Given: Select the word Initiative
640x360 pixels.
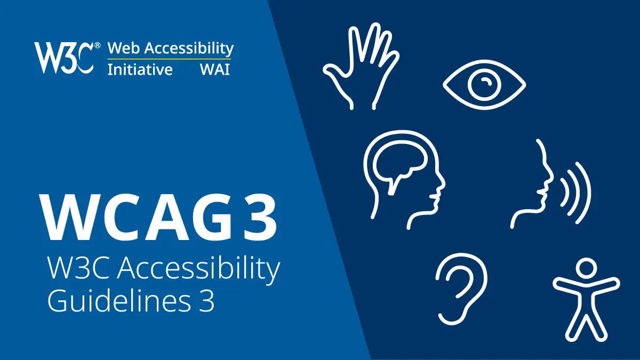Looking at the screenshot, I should coord(140,70).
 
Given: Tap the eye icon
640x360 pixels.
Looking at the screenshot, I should coord(484,84).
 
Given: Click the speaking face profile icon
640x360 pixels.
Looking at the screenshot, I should coord(533,184).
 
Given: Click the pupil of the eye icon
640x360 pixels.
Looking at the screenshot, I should coord(484,84).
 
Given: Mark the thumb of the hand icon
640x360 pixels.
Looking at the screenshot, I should coord(333,75).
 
